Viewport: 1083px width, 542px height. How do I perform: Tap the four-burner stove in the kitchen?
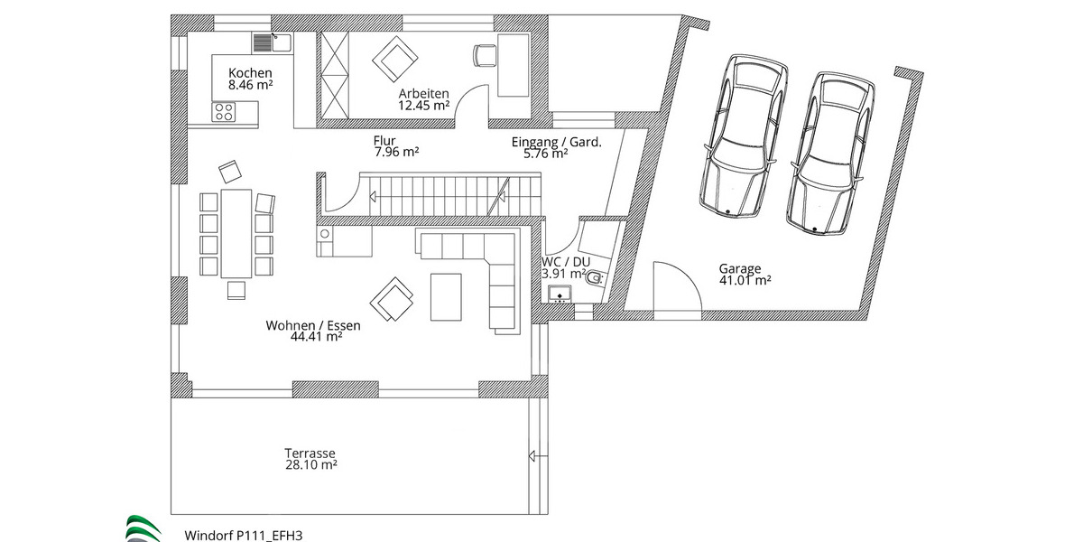(x=223, y=112)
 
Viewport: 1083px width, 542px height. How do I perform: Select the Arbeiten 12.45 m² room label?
(x=424, y=98)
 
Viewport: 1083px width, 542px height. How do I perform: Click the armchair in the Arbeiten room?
(x=394, y=59)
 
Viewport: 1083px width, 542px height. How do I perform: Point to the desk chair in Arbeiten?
(x=484, y=55)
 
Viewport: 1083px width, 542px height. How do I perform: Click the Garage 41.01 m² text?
(x=744, y=274)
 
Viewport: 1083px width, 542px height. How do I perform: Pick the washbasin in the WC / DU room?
(x=560, y=294)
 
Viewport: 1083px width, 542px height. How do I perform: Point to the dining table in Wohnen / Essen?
(x=236, y=232)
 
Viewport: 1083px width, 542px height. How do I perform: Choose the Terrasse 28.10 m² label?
(x=310, y=459)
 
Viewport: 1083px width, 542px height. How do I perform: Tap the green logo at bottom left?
(x=143, y=528)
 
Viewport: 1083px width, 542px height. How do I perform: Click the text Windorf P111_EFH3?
(x=243, y=535)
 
